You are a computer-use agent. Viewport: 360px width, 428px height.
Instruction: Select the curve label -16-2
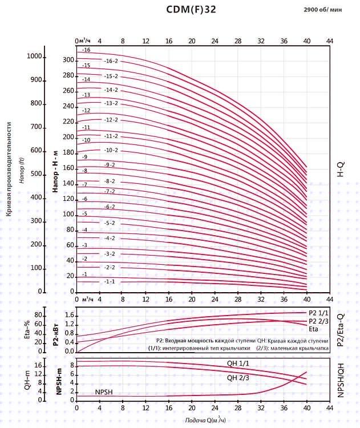coord(111,61)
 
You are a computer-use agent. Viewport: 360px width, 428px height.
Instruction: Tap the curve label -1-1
coord(110,281)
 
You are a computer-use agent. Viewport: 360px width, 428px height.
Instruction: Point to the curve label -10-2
coord(111,150)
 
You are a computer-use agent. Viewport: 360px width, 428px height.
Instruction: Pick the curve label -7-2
coord(110,191)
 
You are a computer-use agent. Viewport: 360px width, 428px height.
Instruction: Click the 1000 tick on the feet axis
coord(35,56)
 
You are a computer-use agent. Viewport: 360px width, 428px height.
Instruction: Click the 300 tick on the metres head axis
coord(68,60)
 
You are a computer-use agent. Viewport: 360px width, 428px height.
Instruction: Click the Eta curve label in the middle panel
coord(313,329)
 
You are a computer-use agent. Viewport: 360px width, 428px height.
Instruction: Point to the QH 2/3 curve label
coord(238,377)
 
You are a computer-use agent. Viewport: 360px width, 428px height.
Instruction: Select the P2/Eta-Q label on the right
coord(341,330)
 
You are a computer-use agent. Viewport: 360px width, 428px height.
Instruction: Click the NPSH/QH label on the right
coord(341,380)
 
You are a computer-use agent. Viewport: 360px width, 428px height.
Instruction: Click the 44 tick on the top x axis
coord(329,41)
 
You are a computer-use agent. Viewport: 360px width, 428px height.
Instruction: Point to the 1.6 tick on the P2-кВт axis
coord(69,315)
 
